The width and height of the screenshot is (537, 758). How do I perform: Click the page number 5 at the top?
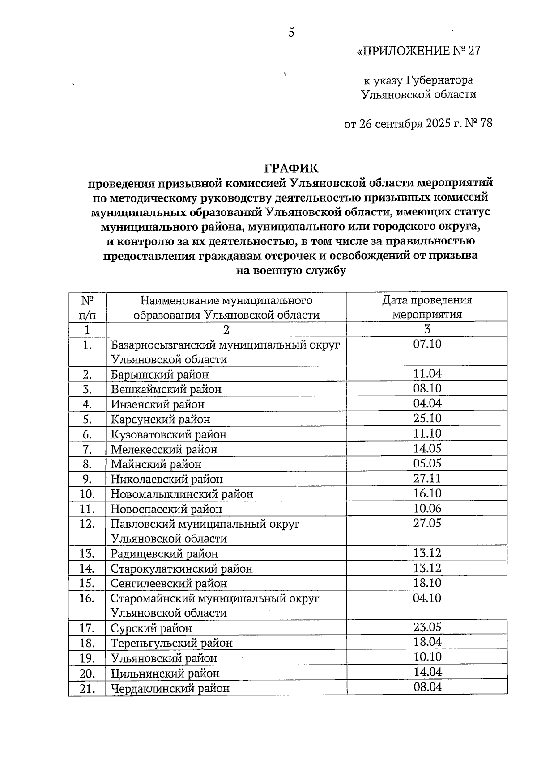[x=291, y=32]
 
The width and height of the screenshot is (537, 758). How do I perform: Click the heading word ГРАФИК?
[x=291, y=168]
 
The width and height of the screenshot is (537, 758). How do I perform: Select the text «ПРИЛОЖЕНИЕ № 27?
[x=418, y=51]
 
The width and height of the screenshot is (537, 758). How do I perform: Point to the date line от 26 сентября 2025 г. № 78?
[x=418, y=123]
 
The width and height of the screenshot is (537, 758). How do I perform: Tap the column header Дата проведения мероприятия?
[x=427, y=307]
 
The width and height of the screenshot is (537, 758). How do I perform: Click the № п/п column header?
[x=87, y=307]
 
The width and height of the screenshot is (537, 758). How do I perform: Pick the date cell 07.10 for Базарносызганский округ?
[x=427, y=344]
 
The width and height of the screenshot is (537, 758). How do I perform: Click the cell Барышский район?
[x=160, y=374]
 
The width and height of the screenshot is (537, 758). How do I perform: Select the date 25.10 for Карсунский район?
[x=427, y=418]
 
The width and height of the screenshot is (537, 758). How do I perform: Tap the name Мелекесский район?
[x=164, y=449]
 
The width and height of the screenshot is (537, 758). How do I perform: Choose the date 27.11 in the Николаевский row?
[x=427, y=478]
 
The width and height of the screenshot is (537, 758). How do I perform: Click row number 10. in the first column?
[x=87, y=494]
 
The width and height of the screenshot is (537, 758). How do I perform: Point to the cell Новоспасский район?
[x=166, y=509]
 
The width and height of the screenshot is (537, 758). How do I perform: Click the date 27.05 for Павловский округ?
[x=427, y=523]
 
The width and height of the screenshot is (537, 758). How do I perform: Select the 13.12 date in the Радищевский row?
[x=427, y=553]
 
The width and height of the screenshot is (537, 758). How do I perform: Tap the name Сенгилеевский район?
[x=169, y=583]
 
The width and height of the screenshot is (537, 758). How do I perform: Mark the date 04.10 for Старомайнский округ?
[x=427, y=598]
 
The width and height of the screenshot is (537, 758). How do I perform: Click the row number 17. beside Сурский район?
[x=87, y=628]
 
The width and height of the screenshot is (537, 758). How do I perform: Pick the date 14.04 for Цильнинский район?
[x=427, y=672]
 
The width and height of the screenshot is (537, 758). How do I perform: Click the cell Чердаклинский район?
[x=170, y=688]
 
